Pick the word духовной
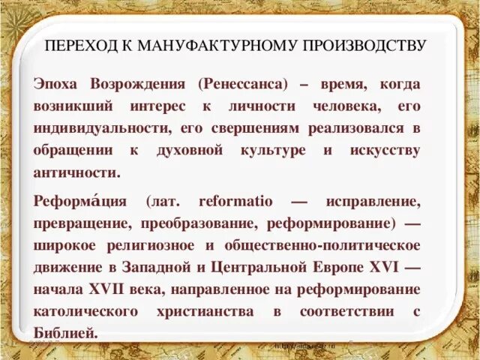(190, 150)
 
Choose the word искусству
(385, 150)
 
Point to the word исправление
(372, 202)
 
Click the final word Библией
(65, 331)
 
